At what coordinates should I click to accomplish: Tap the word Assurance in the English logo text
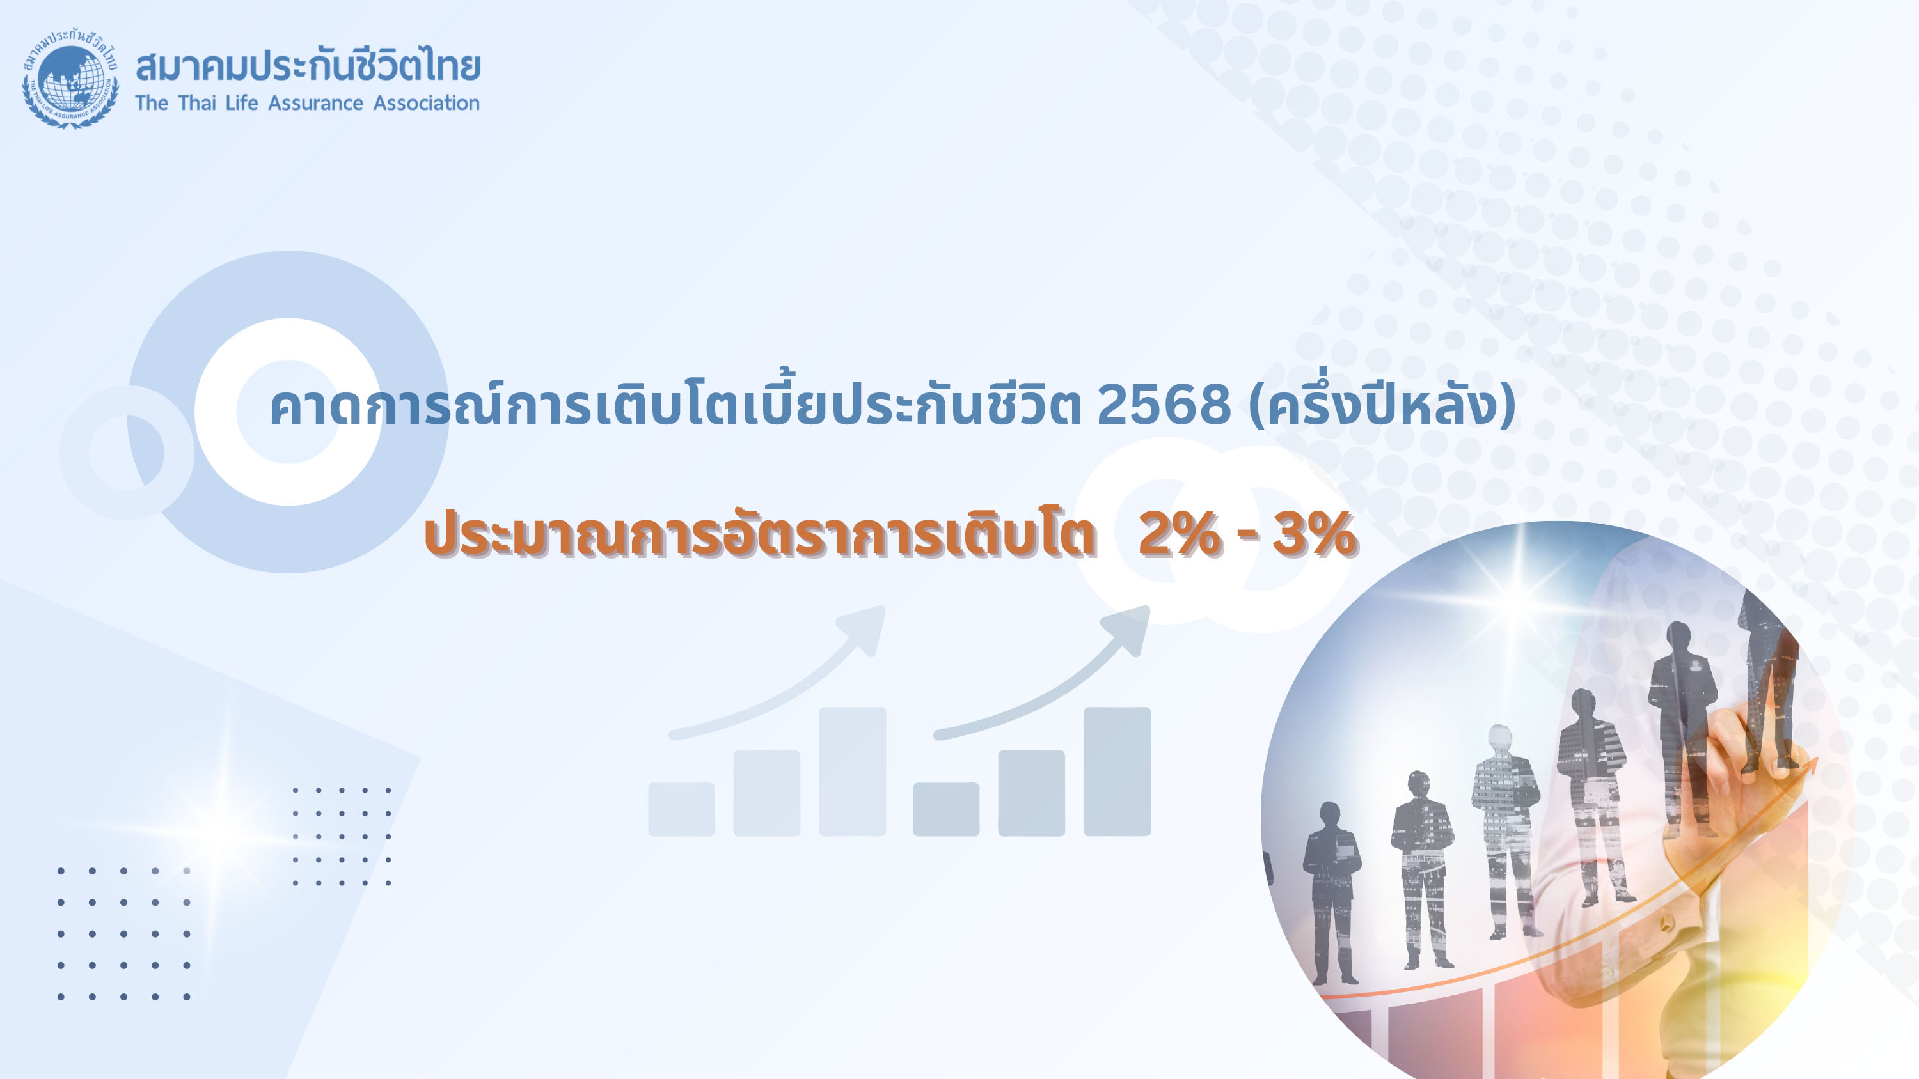click(316, 103)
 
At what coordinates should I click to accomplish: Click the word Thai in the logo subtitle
click(196, 103)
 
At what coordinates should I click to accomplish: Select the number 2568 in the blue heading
click(1164, 406)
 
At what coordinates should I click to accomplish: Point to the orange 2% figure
click(1181, 534)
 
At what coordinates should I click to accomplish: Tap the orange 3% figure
click(1314, 534)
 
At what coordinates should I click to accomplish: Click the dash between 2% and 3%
click(1247, 538)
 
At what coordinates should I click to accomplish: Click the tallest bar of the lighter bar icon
click(852, 772)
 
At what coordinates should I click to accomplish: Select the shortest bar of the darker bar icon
click(946, 809)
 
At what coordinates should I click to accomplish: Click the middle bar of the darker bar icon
click(1032, 793)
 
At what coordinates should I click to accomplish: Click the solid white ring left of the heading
click(288, 412)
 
